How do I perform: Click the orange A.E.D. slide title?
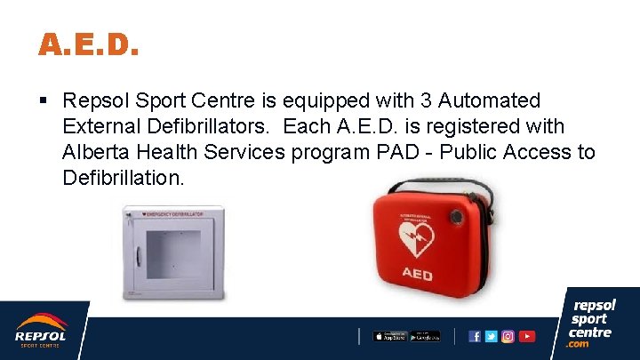click(88, 44)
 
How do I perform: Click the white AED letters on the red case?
click(416, 275)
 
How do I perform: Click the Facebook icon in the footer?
click(475, 336)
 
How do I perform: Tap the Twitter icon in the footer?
click(492, 336)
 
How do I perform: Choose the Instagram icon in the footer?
click(508, 336)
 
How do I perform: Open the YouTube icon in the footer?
click(527, 336)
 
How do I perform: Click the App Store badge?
click(389, 336)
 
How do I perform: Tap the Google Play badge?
click(425, 336)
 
